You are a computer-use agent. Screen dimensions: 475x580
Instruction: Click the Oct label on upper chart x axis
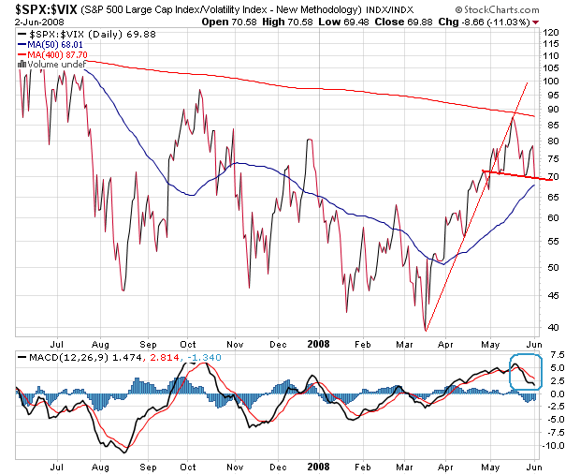pos(186,342)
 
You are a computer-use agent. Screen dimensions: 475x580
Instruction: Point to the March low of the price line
pos(425,330)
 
